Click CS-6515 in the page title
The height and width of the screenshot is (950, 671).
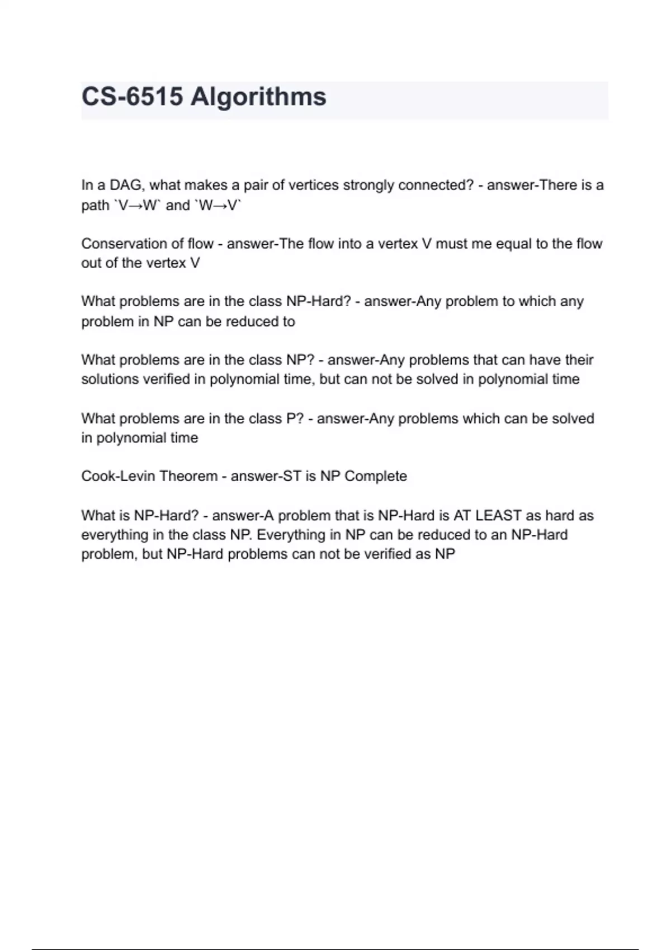(x=132, y=97)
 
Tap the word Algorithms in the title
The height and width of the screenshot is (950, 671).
(x=258, y=97)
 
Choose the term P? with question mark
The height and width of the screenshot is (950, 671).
(x=295, y=419)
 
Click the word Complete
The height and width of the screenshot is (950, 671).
(x=375, y=476)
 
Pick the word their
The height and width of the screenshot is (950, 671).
(x=579, y=360)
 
